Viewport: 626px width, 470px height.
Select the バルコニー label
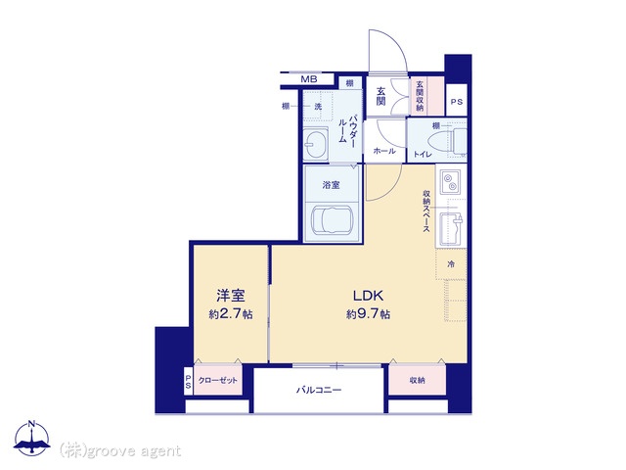click(x=319, y=390)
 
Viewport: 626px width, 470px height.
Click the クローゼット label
click(x=218, y=380)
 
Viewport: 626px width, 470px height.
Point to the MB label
click(x=308, y=79)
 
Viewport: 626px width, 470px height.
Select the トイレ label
click(x=422, y=153)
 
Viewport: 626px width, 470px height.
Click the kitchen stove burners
click(x=451, y=184)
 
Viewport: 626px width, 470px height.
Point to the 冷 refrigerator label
click(x=450, y=264)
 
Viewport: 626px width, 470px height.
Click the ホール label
click(x=383, y=152)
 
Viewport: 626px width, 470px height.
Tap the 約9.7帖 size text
click(x=368, y=314)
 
